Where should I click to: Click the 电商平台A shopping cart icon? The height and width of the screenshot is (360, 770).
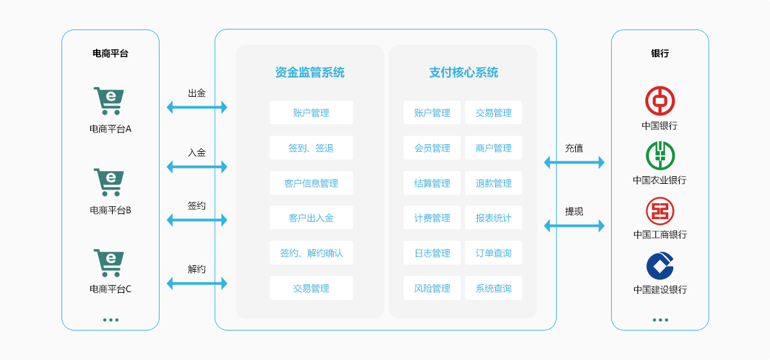pyautogui.click(x=108, y=101)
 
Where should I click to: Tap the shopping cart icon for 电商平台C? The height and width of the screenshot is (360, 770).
pyautogui.click(x=108, y=263)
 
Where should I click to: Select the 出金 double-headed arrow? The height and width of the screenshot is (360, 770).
pyautogui.click(x=197, y=107)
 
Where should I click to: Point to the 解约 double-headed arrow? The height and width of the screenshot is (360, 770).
pyautogui.click(x=197, y=282)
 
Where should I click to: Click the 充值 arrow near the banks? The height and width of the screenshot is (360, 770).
pyautogui.click(x=574, y=162)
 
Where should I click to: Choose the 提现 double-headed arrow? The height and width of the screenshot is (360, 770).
pyautogui.click(x=574, y=225)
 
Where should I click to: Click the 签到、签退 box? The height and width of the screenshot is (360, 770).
pyautogui.click(x=311, y=148)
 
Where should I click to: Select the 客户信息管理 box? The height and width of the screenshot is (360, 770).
pyautogui.click(x=311, y=183)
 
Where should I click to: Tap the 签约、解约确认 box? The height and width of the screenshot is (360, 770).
pyautogui.click(x=311, y=253)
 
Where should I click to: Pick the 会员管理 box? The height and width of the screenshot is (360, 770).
pyautogui.click(x=432, y=148)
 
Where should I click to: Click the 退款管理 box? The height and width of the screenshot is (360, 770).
pyautogui.click(x=493, y=183)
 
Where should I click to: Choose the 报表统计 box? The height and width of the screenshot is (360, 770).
pyautogui.click(x=493, y=218)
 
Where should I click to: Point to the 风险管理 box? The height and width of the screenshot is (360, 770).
pyautogui.click(x=432, y=288)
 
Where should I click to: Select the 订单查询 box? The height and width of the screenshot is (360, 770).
pyautogui.click(x=493, y=253)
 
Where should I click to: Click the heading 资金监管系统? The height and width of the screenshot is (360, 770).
pyautogui.click(x=309, y=72)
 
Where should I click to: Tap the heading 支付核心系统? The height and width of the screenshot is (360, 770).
pyautogui.click(x=463, y=72)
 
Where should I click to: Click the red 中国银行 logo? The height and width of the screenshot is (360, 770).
pyautogui.click(x=660, y=101)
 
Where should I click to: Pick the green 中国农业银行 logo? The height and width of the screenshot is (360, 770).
pyautogui.click(x=660, y=156)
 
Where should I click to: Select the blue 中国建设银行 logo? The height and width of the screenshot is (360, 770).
pyautogui.click(x=660, y=266)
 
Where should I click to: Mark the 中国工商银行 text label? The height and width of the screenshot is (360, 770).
pyautogui.click(x=660, y=234)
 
